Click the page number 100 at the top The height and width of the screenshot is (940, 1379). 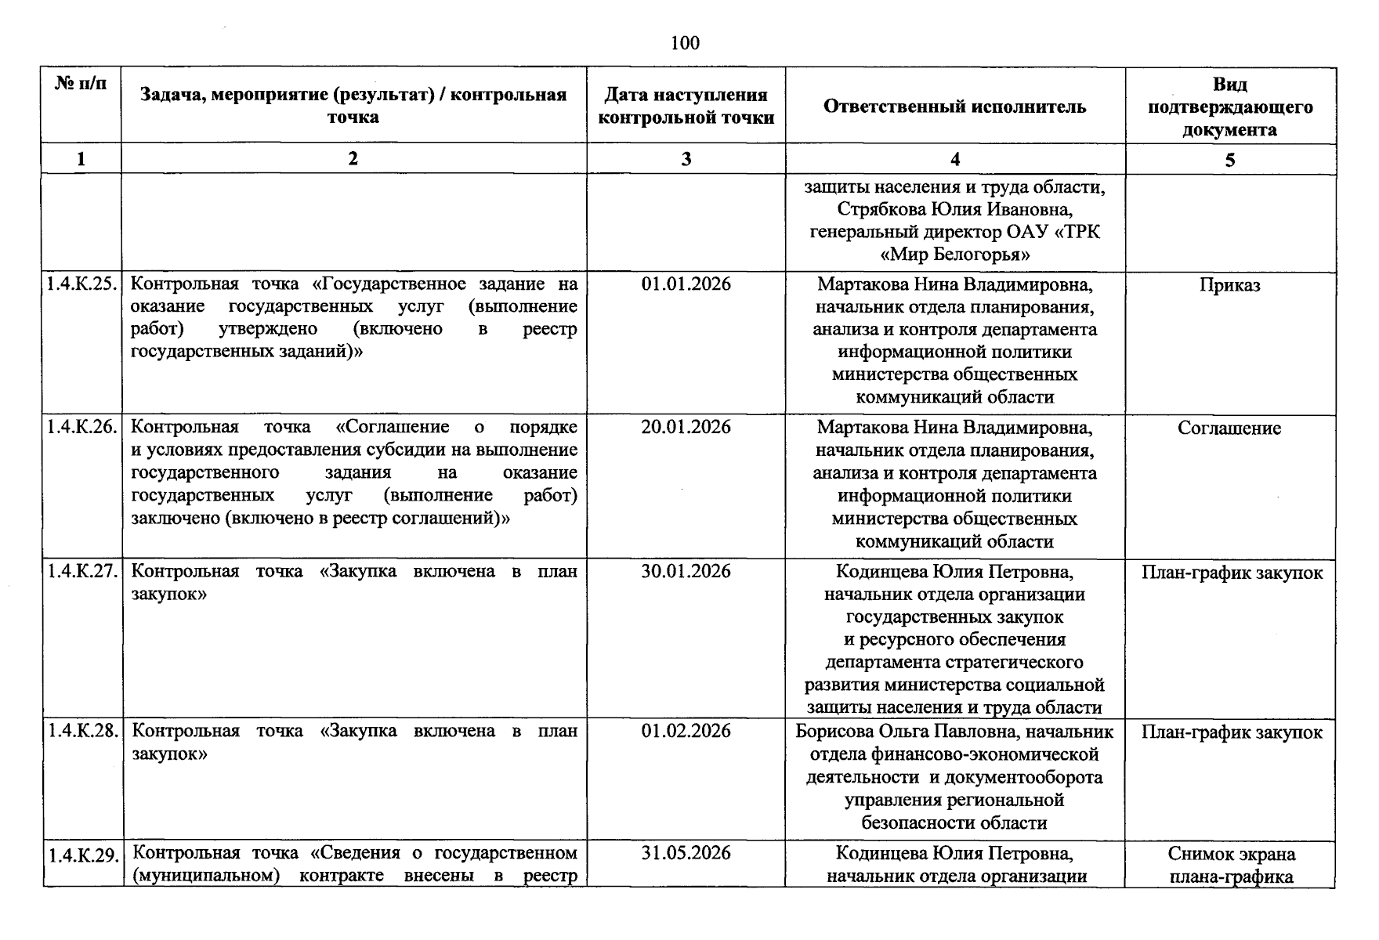point(685,43)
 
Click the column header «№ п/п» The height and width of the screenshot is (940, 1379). point(81,83)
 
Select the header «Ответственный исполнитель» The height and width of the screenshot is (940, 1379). point(954,107)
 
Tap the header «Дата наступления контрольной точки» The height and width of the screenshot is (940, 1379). point(686,107)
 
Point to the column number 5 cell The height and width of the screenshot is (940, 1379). point(1229,160)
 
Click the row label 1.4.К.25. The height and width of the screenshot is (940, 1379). point(81,284)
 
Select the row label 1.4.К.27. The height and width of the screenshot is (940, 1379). point(81,572)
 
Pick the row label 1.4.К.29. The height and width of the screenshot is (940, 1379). point(81,855)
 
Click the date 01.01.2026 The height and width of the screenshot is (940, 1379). point(686,284)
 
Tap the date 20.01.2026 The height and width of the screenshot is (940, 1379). point(686,427)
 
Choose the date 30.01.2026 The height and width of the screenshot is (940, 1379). point(686,571)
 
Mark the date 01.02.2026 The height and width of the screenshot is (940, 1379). point(686,731)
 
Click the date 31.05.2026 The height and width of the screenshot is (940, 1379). point(686,853)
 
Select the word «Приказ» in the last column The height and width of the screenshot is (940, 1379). point(1229,285)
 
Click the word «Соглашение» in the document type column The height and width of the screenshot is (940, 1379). point(1229,428)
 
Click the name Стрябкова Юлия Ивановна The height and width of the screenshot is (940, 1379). point(954,210)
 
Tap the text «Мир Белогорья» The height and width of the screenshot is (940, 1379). point(954,255)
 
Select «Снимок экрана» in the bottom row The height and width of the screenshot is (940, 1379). point(1231,854)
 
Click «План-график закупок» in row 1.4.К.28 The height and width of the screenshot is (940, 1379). point(1231,732)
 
